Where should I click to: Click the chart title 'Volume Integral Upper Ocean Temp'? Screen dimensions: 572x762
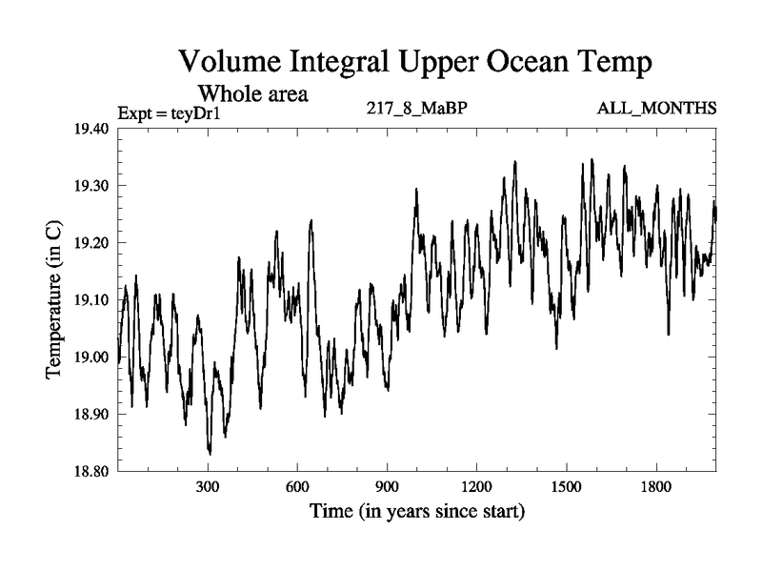415,63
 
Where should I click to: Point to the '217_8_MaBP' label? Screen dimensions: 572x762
416,108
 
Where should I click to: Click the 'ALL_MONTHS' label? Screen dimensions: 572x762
656,108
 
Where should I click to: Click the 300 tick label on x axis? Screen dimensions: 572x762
209,486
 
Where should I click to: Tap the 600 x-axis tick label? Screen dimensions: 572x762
298,486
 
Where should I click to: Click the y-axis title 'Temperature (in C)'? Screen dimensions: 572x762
53,300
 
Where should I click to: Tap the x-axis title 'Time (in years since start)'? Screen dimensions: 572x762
416,512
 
